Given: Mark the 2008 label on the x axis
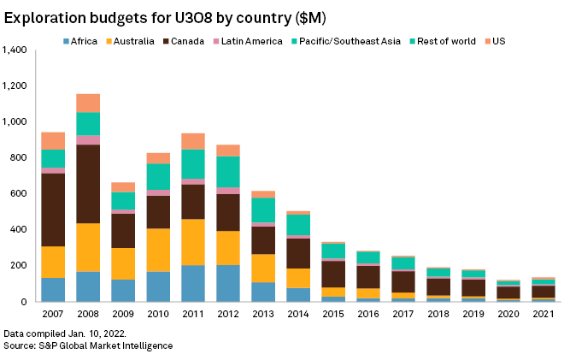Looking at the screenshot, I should click(x=88, y=315).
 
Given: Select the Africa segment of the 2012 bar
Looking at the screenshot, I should click(x=226, y=283).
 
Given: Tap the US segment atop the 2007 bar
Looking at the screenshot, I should click(x=53, y=141).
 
